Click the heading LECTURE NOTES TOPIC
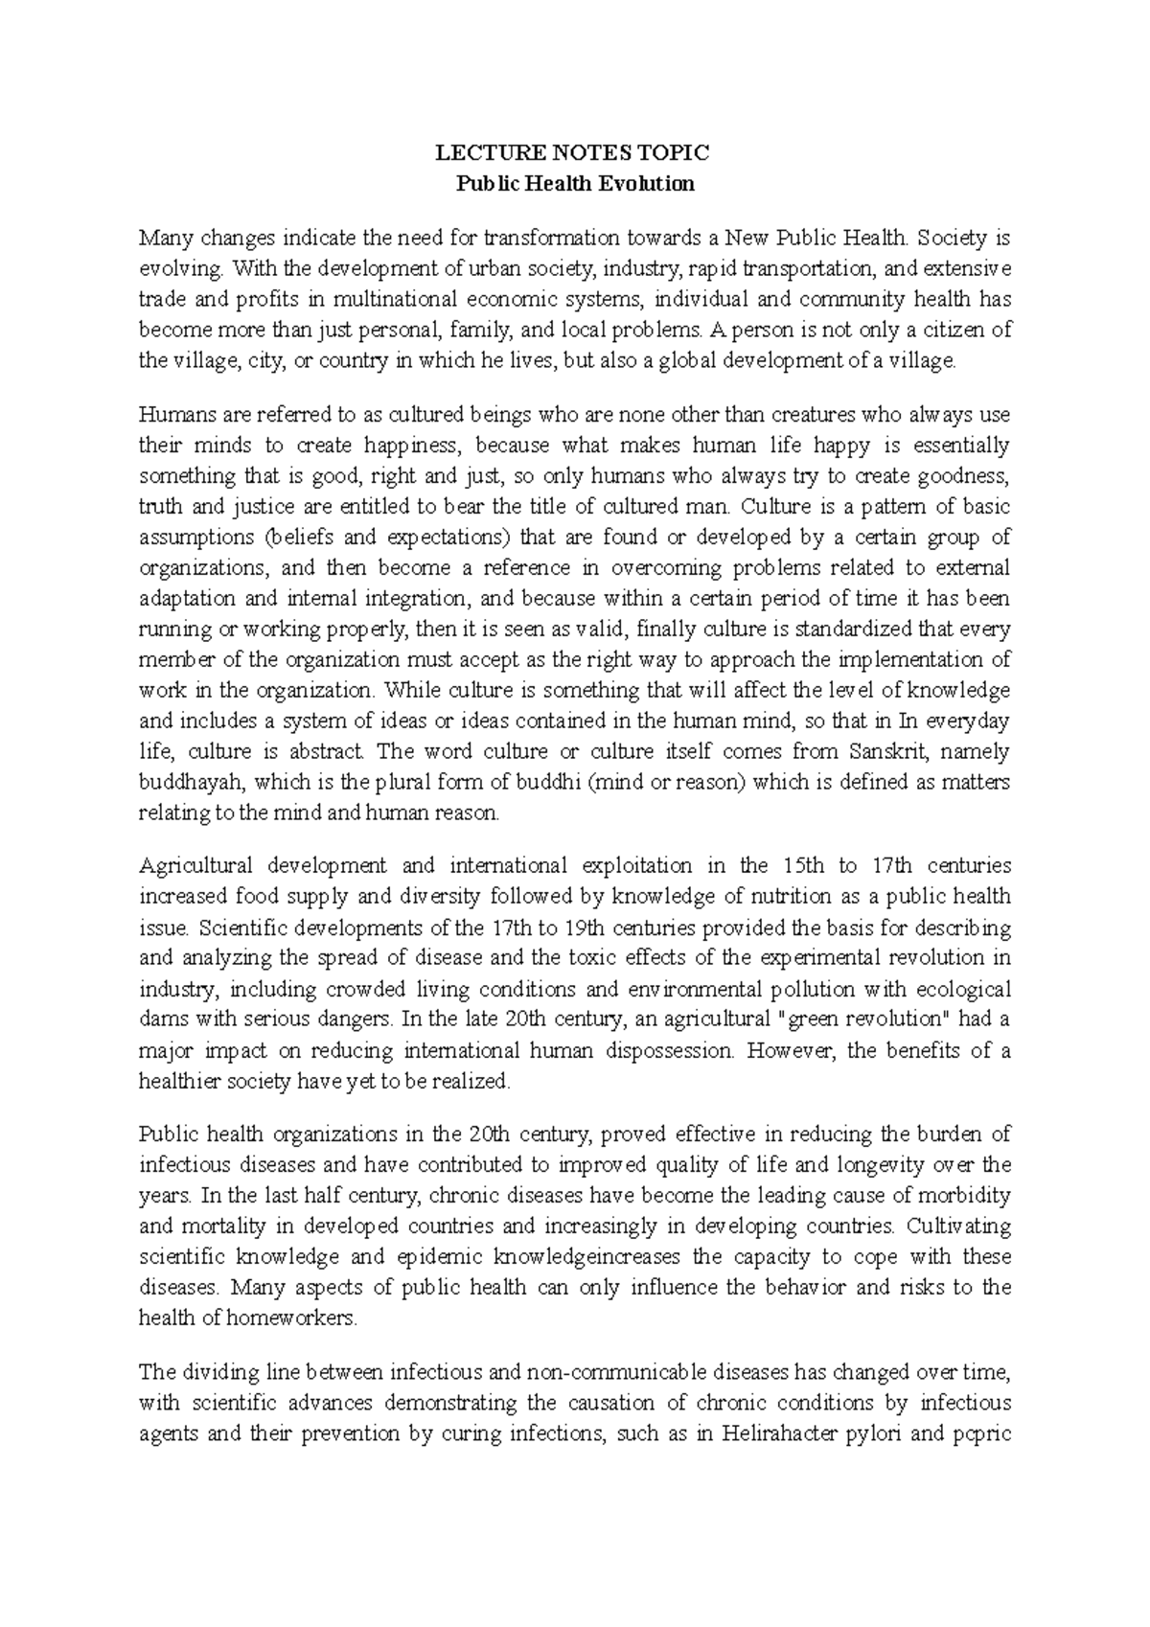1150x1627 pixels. tap(574, 153)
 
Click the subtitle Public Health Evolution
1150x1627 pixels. tap(574, 184)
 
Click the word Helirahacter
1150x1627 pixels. tap(783, 1434)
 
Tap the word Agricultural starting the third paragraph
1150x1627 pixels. tap(195, 866)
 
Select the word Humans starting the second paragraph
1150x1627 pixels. tap(174, 415)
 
